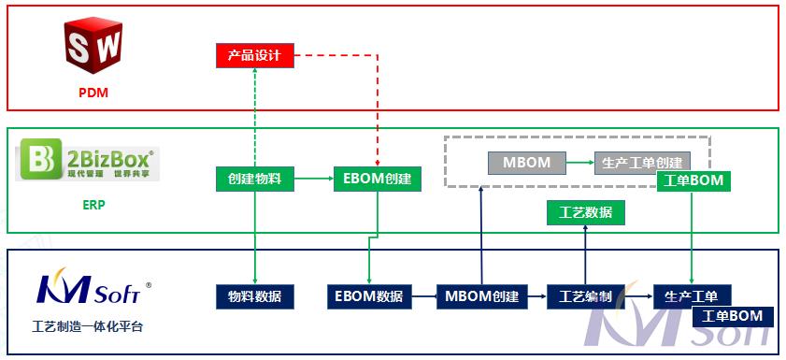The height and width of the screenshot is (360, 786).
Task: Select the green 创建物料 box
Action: tap(255, 178)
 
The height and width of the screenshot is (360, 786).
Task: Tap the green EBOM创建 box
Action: tap(377, 178)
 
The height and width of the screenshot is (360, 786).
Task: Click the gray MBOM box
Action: tap(526, 163)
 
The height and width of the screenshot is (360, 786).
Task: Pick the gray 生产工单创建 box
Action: tap(642, 163)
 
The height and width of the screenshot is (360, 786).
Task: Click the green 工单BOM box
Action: tap(693, 180)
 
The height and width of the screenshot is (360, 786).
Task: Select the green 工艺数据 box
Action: tap(585, 212)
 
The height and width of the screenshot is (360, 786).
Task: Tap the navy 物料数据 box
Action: tap(255, 296)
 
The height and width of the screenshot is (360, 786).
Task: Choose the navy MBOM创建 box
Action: tap(481, 296)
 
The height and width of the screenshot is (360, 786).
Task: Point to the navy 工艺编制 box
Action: tap(585, 296)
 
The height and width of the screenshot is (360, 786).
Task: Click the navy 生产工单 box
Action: tap(692, 296)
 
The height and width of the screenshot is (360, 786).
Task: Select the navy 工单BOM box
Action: tap(733, 316)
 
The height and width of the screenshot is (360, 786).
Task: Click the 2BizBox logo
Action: tap(89, 162)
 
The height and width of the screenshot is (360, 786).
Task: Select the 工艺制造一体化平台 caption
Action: tap(88, 327)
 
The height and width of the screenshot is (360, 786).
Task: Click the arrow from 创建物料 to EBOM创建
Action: tap(314, 178)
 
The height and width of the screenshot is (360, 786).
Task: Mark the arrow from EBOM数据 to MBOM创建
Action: tap(423, 296)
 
